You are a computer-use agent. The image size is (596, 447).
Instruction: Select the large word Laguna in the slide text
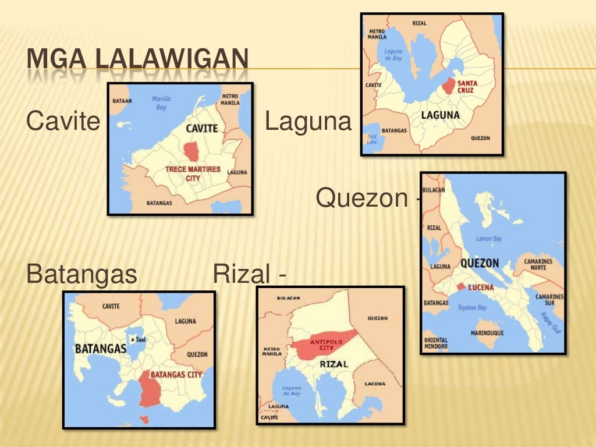click(x=308, y=122)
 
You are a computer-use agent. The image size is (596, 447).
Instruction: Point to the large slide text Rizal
click(x=243, y=274)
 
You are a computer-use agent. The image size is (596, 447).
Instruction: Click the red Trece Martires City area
click(x=191, y=151)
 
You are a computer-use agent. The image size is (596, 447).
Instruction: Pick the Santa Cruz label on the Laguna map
click(x=466, y=87)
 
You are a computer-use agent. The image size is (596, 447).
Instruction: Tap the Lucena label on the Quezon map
click(x=481, y=287)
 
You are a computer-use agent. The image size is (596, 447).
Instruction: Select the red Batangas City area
click(x=150, y=389)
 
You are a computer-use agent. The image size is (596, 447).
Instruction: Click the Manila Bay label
click(x=161, y=103)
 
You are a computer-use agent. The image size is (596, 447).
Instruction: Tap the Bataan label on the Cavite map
click(x=122, y=101)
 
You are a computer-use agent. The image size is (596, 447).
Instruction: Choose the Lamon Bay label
click(x=489, y=239)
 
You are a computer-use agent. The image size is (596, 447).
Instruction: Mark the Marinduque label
click(x=487, y=333)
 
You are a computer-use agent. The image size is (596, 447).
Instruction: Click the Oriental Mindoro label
click(x=436, y=343)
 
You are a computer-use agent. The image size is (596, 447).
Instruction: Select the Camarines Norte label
click(x=538, y=265)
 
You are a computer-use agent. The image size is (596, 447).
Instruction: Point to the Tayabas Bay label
click(x=472, y=307)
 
